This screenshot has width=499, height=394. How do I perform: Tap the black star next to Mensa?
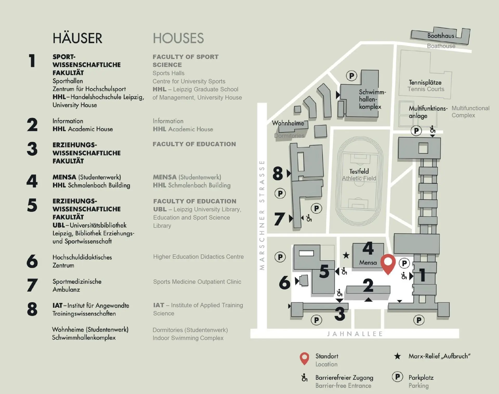(346, 255)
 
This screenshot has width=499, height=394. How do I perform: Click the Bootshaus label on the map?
(441, 36)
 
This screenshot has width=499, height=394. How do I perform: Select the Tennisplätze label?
(425, 83)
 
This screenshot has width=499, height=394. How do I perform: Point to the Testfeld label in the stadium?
(359, 171)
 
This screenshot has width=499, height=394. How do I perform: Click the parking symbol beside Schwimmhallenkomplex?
(351, 76)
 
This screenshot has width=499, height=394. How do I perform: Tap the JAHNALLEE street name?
(355, 334)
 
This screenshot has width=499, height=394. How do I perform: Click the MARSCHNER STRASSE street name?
(262, 215)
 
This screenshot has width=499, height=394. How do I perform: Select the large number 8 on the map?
(278, 173)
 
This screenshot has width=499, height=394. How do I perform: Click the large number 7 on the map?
(279, 219)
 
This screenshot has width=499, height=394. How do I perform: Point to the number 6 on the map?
(284, 283)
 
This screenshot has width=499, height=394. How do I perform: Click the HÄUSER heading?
(77, 38)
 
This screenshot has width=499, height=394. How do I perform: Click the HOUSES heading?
(178, 38)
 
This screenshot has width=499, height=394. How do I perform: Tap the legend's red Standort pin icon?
(304, 358)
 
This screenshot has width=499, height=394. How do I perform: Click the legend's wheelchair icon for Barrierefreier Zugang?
(304, 378)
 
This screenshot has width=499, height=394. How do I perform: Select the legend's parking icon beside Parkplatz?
(397, 377)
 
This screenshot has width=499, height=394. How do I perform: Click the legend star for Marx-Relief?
(397, 356)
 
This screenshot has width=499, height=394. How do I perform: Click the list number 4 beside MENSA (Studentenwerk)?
(32, 181)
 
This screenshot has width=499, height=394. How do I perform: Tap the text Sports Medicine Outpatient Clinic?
(197, 282)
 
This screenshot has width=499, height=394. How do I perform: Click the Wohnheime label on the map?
(288, 123)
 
